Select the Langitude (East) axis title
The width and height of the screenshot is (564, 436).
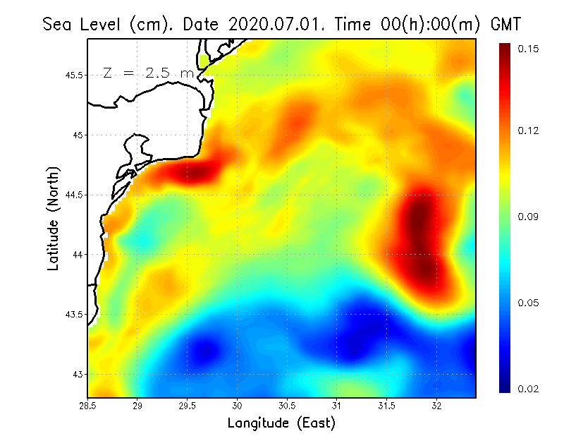(x=281, y=423)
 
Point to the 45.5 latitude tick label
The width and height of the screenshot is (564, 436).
(x=73, y=75)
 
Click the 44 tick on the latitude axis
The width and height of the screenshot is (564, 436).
(x=78, y=254)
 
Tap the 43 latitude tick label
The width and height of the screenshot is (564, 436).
(x=78, y=374)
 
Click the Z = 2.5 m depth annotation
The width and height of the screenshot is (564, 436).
(x=148, y=73)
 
